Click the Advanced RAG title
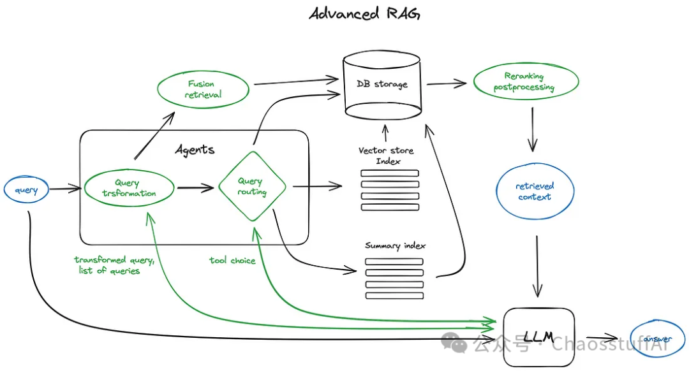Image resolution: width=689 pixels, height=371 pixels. (x=364, y=14)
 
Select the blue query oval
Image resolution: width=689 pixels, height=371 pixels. (x=26, y=189)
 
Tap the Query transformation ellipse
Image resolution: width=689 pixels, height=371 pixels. (x=129, y=188)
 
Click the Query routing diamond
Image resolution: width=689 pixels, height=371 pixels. (x=251, y=187)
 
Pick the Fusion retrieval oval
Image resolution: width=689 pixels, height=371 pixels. (x=201, y=89)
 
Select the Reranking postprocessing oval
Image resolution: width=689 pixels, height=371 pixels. (x=525, y=82)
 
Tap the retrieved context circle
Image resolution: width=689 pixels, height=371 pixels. (x=535, y=192)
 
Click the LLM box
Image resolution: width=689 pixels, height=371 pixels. (x=538, y=337)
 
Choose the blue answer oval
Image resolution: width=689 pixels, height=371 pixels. (x=656, y=339)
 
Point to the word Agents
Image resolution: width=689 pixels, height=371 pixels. (x=195, y=150)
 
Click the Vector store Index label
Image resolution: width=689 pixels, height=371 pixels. (x=386, y=156)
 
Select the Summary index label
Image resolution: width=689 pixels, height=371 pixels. (x=395, y=246)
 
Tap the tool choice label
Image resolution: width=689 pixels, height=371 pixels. (x=232, y=260)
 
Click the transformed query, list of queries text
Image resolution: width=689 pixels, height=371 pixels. (x=114, y=265)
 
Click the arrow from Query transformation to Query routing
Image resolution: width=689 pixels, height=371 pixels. (x=195, y=188)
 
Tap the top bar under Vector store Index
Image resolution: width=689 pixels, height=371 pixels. (x=390, y=173)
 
